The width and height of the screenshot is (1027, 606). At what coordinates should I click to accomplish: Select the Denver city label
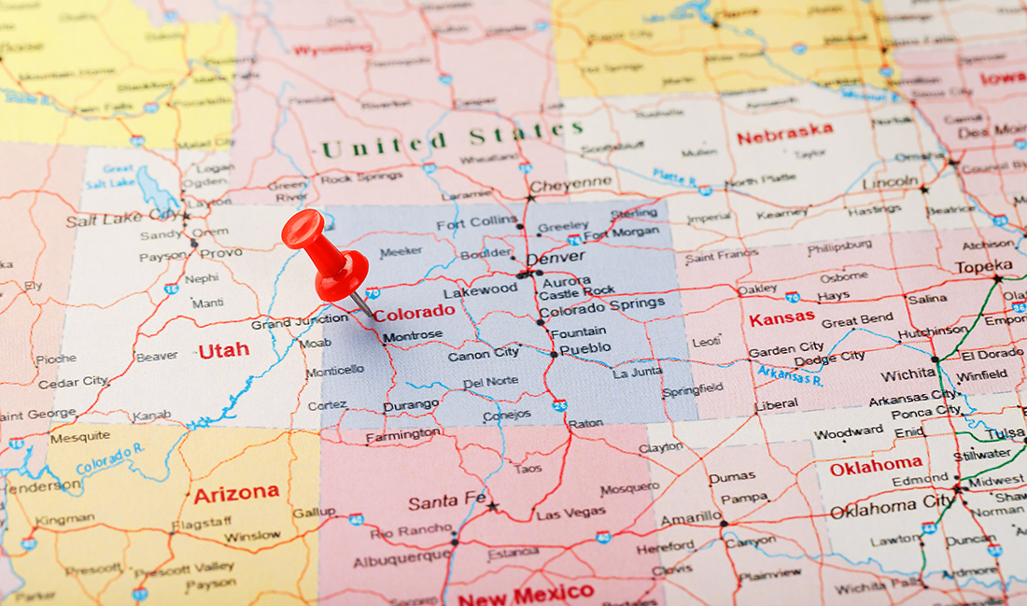[x=556, y=257]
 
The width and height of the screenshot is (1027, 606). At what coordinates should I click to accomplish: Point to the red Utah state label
[x=224, y=350]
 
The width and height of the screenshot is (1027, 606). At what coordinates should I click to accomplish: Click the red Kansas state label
[x=781, y=319]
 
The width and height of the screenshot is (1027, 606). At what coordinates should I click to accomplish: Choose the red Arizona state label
[x=236, y=493]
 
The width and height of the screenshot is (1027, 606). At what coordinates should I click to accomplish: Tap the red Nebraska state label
[x=784, y=135]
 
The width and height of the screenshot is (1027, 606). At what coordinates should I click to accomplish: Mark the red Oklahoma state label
[x=876, y=465]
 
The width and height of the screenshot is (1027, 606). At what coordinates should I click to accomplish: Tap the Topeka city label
[x=983, y=266]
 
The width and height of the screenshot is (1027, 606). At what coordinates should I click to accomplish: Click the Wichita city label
[x=908, y=375]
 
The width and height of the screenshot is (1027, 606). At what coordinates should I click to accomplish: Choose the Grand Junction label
[x=299, y=323]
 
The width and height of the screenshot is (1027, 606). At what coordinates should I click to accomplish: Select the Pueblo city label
[x=585, y=348]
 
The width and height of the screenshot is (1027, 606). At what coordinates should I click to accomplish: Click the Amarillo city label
[x=691, y=518]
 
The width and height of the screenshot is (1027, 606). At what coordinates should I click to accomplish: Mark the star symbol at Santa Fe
[x=492, y=507]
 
